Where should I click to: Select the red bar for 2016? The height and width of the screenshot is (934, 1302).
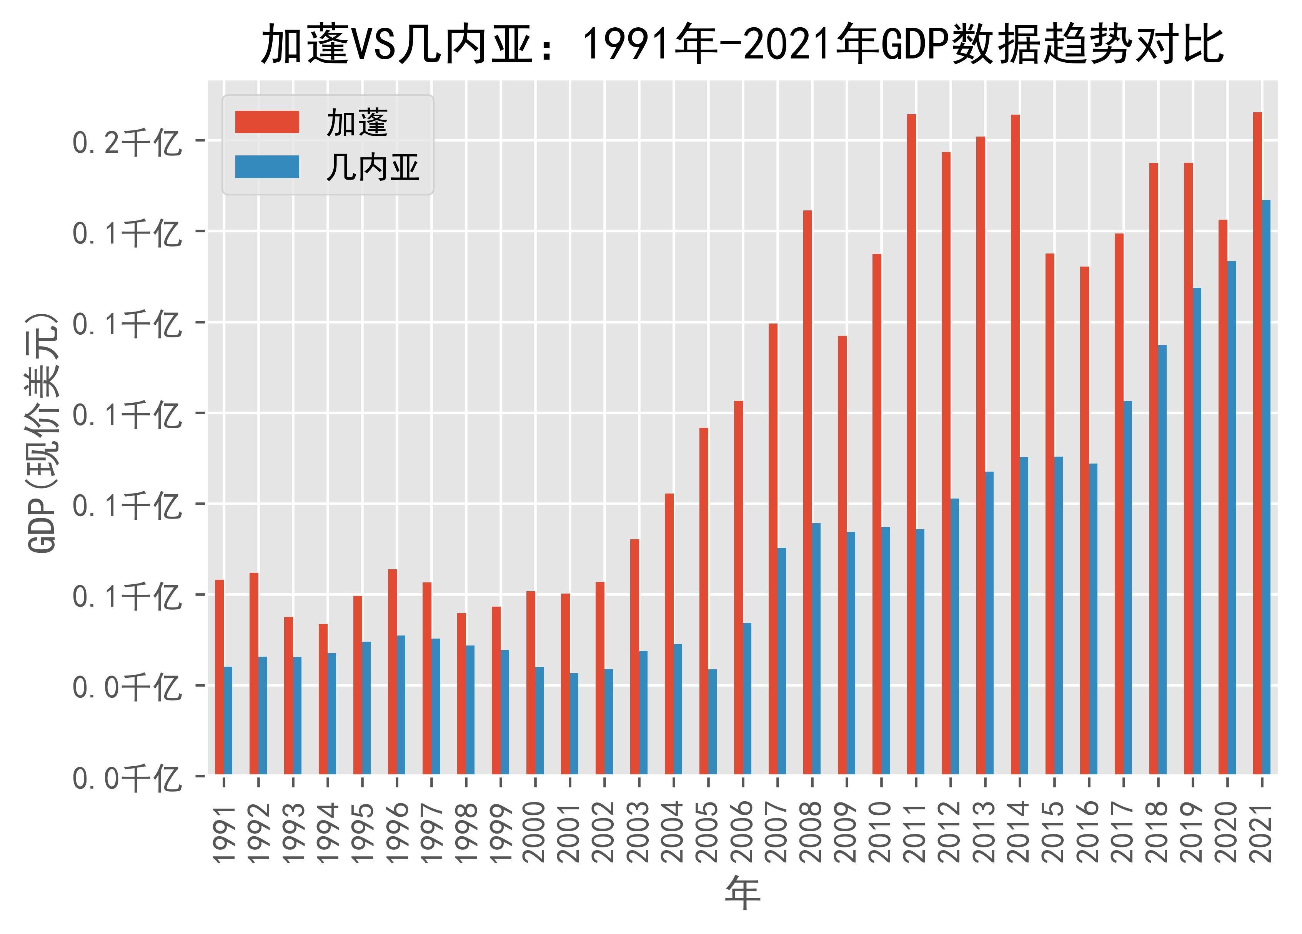(1084, 520)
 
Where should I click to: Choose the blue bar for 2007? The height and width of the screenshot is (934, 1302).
(781, 660)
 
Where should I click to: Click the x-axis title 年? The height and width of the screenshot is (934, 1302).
(743, 894)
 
